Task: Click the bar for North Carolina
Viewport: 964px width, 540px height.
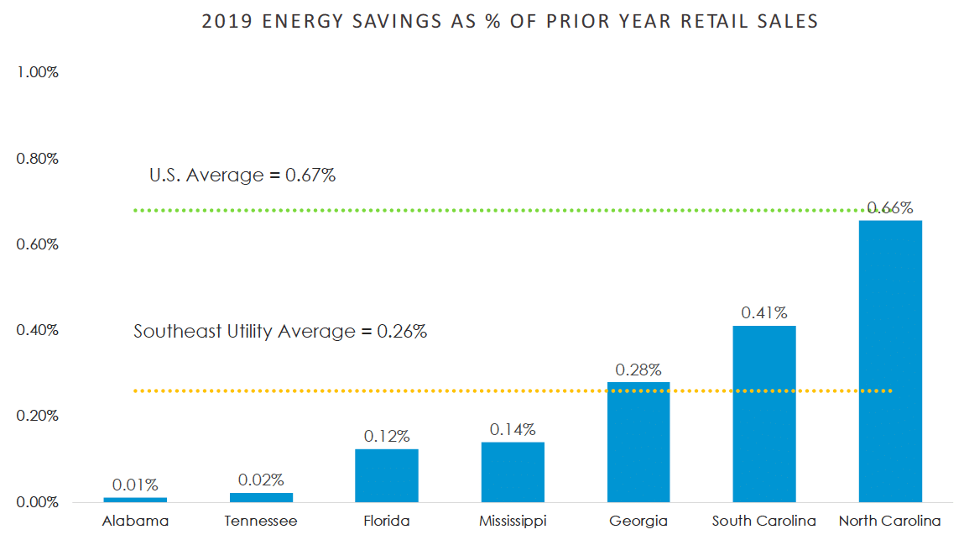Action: (x=890, y=361)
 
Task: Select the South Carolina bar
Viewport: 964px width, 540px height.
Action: (x=764, y=414)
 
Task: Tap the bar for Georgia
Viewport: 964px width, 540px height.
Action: (x=638, y=442)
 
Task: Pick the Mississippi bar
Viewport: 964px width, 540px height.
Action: (x=513, y=472)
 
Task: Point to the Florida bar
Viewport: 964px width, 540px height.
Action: (x=387, y=475)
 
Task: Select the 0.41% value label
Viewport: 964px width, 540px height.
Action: (x=764, y=313)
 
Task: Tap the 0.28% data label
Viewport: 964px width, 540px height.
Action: (x=638, y=370)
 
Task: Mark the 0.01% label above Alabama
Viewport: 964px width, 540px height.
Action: (x=135, y=485)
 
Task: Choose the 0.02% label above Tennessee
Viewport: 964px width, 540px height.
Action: (x=261, y=480)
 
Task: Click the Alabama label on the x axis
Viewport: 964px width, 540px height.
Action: (x=135, y=522)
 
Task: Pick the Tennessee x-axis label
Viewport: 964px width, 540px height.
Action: (x=261, y=522)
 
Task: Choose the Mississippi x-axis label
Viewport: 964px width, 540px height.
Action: (x=513, y=522)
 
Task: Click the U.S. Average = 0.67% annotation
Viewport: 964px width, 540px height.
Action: (x=242, y=176)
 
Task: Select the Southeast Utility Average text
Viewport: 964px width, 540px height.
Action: (x=280, y=332)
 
